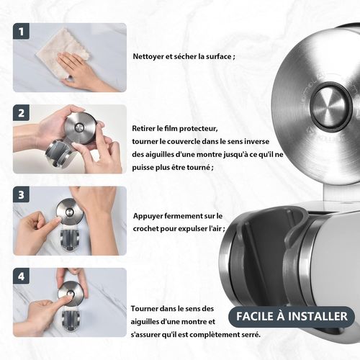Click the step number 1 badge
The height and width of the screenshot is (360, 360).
(21, 31)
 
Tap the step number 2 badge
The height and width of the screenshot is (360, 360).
(21, 113)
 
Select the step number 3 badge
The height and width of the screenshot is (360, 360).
(21, 194)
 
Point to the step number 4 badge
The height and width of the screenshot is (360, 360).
(21, 276)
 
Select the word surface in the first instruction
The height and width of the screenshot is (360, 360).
(217, 57)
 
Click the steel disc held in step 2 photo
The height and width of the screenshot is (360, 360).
(79, 127)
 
